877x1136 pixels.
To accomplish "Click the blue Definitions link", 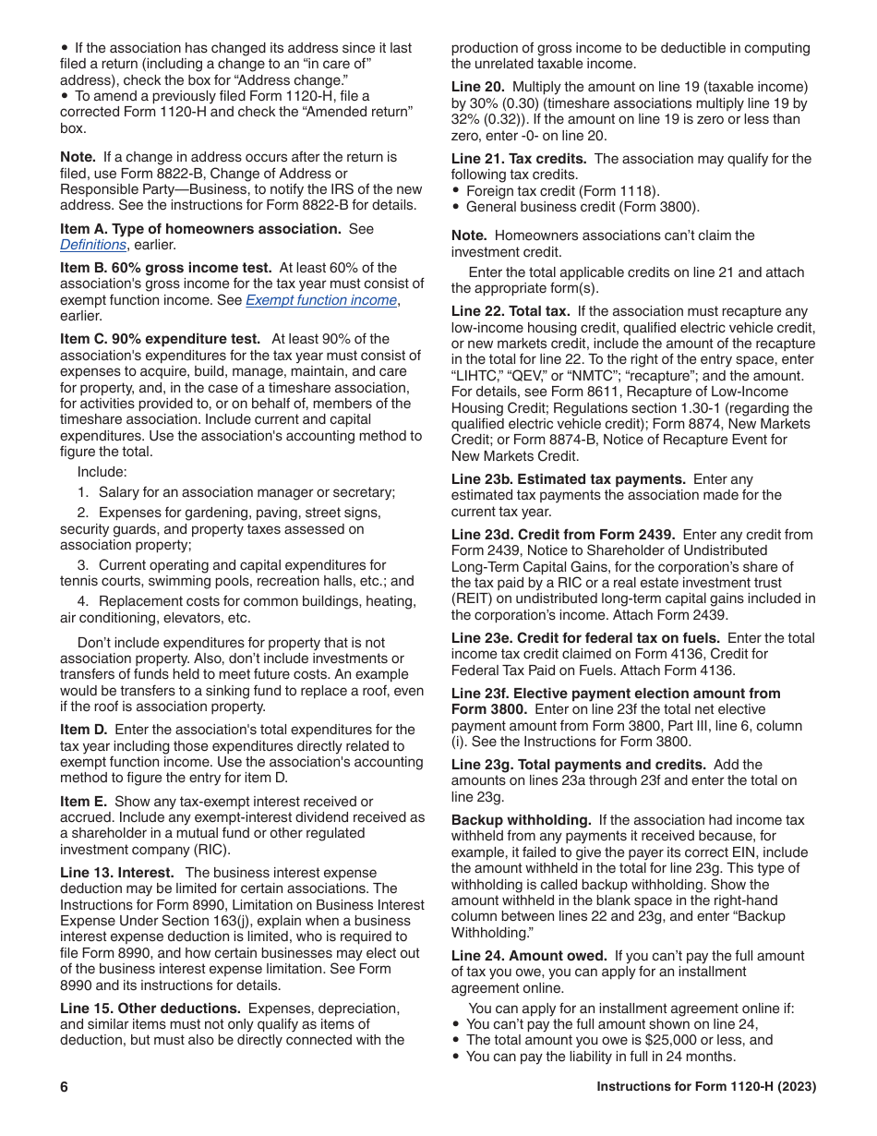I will coord(93,245).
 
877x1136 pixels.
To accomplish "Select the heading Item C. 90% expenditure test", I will coord(160,339).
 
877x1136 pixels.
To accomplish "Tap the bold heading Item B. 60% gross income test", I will coord(166,268).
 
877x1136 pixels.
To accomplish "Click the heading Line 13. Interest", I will coord(117,873).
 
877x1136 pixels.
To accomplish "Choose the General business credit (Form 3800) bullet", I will coord(583,207).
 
